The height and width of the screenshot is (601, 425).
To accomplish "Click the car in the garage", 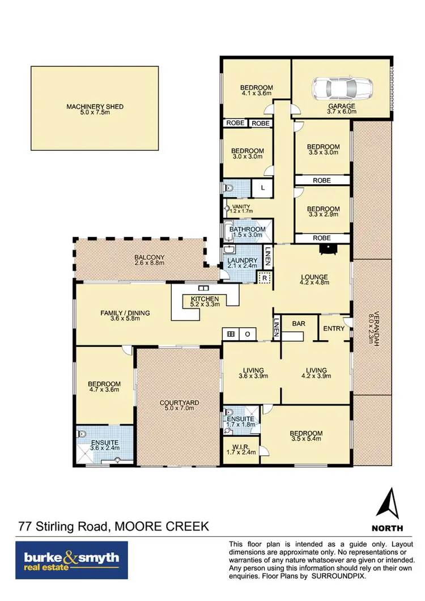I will (x=342, y=88).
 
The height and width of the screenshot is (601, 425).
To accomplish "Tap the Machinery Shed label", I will (x=95, y=107).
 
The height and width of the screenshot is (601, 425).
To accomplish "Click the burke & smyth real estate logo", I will (x=72, y=560).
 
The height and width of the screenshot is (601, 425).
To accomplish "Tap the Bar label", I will (x=299, y=323).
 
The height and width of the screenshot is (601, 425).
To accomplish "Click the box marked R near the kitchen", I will (x=264, y=278).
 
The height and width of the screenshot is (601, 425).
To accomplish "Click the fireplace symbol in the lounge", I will (x=326, y=248).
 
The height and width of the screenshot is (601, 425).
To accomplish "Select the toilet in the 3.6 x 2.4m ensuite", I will (x=83, y=435).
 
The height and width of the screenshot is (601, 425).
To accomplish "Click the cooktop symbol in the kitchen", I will (x=231, y=334).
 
